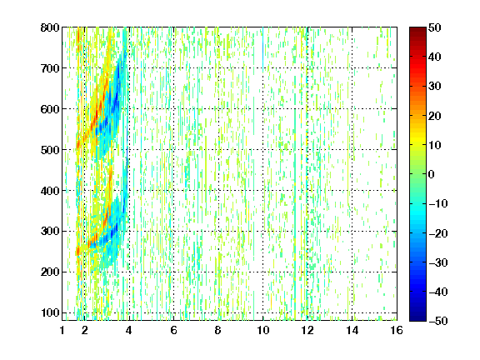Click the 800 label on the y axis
[x=50, y=27]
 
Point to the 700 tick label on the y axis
[x=50, y=68]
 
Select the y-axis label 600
[x=50, y=109]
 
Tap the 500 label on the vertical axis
[x=50, y=150]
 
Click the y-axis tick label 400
[x=50, y=191]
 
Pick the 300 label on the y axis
[x=50, y=232]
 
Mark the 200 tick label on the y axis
[x=50, y=272]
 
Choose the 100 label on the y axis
[x=50, y=312]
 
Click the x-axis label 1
[x=62, y=330]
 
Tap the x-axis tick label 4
[x=129, y=330]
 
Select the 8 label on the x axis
[x=218, y=330]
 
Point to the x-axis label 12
[x=307, y=330]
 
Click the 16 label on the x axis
[x=397, y=330]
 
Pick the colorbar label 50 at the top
[x=435, y=27]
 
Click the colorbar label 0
[x=432, y=174]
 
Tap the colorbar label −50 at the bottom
[x=438, y=321]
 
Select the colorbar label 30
[x=435, y=86]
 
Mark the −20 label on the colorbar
[x=438, y=233]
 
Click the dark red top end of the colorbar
[x=417, y=28]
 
